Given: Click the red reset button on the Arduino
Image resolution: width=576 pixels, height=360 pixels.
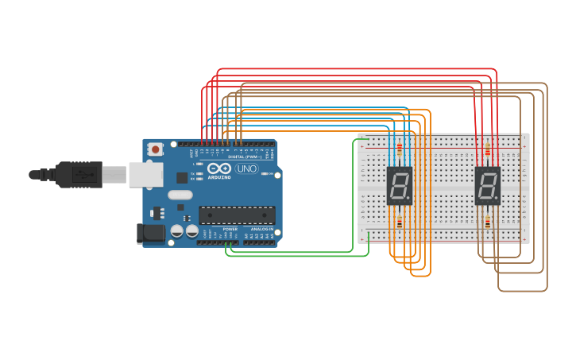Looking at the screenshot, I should [x=156, y=149].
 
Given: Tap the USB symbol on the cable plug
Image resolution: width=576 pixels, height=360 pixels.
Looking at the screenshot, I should [x=81, y=174].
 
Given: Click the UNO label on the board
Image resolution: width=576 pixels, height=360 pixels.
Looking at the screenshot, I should [x=247, y=168].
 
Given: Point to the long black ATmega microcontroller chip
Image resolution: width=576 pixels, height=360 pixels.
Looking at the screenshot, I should [x=237, y=215].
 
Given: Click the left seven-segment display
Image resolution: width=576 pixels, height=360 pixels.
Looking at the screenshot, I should [x=399, y=186].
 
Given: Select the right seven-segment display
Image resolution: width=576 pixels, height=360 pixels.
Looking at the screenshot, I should [x=487, y=186].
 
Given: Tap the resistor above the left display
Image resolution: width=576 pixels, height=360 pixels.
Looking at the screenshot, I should [x=399, y=149].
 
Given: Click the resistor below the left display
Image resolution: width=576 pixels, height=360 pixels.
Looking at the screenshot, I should [x=399, y=223].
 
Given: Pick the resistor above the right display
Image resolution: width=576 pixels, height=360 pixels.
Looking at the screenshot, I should [x=487, y=149].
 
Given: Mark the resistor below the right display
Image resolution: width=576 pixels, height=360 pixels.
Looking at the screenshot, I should [x=487, y=223].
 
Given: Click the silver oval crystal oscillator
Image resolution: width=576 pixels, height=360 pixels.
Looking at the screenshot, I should [x=180, y=195].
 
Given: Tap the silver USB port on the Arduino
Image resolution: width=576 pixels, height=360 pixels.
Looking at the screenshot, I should [x=145, y=175].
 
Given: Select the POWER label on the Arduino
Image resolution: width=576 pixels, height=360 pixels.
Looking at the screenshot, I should [x=230, y=229].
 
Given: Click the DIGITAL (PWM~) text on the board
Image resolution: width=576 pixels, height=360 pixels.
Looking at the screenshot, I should [x=242, y=157].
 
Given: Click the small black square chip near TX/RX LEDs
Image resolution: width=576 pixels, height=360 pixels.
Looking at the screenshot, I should [x=182, y=178].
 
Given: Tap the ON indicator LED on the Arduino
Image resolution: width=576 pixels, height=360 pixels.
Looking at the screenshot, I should [x=268, y=174].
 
